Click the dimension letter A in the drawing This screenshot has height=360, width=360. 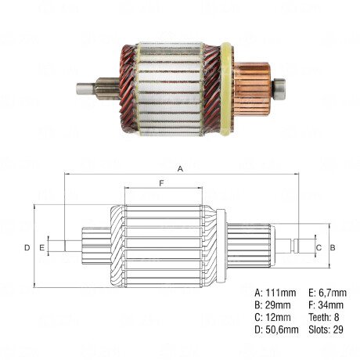[180, 168]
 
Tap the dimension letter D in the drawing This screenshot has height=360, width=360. [26, 247]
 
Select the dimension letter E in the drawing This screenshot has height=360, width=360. [41, 247]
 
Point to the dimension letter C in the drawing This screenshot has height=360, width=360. [318, 247]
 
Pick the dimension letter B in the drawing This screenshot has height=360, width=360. [333, 247]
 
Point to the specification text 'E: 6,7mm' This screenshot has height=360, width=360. [324, 292]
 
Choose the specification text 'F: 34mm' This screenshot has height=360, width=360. [322, 304]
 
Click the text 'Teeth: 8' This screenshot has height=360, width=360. [321, 317]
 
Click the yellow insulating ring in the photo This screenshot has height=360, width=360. [226, 88]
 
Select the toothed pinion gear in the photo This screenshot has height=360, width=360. [108, 88]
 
